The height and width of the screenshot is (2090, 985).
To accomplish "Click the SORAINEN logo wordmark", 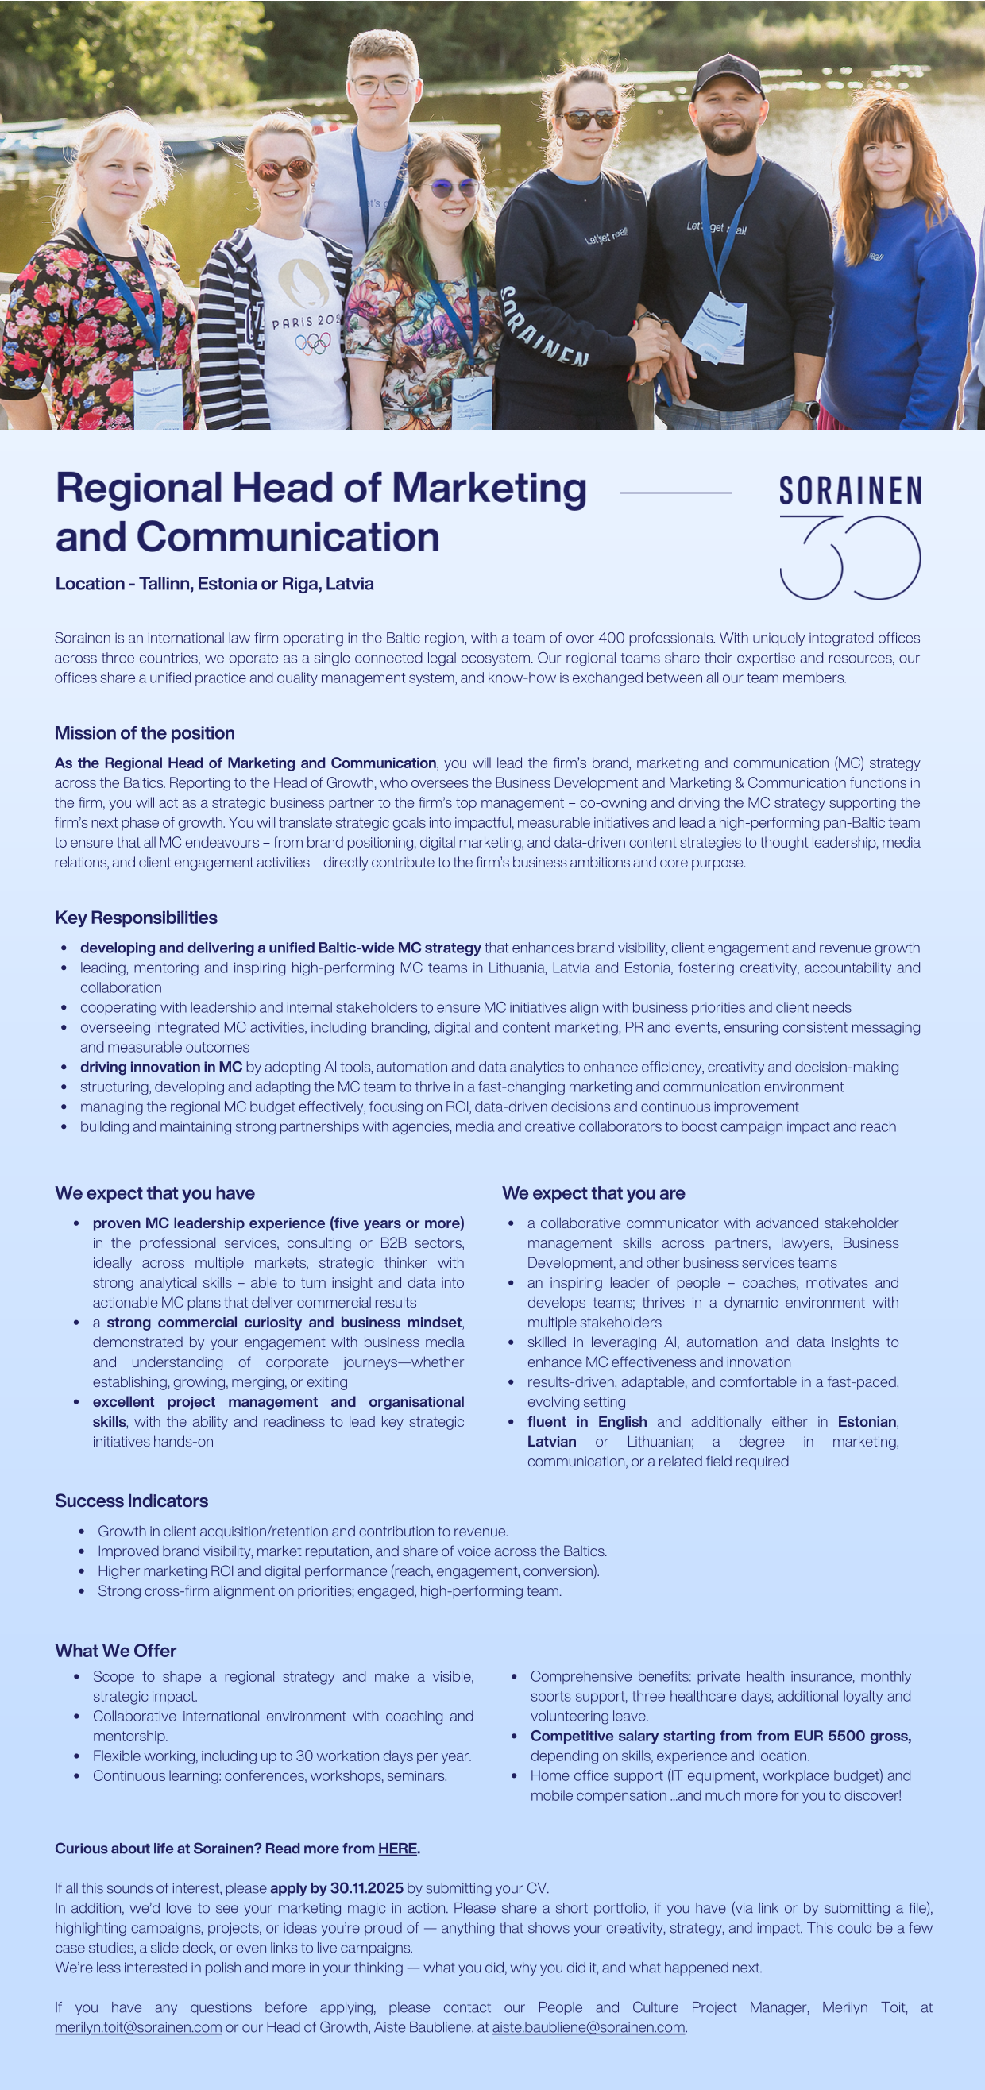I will point(849,491).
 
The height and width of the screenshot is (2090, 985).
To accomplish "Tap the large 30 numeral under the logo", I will point(849,558).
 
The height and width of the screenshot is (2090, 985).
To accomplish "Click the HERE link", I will point(396,1849).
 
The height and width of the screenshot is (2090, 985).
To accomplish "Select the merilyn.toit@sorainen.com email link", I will point(138,2026).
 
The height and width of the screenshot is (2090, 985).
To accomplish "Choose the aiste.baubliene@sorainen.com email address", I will point(589,2026).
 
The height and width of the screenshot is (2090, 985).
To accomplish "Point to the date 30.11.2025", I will point(366,1888).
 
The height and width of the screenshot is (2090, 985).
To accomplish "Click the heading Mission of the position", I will point(145,732).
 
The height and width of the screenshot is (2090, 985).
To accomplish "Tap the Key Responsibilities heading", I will point(136,918).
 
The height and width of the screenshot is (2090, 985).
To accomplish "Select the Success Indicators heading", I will point(131,1501).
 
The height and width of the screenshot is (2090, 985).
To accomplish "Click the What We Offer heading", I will point(115,1650).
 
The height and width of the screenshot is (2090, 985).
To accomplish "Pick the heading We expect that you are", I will point(593,1192).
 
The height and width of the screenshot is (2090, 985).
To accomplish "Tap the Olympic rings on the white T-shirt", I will point(312,344).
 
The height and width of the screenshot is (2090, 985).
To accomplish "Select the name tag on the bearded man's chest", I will point(715,330).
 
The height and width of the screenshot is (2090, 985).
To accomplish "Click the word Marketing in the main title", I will point(489,489).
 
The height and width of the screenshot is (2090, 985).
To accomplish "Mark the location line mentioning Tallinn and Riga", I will point(214,583).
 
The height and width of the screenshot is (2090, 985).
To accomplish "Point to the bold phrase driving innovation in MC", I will point(160,1067).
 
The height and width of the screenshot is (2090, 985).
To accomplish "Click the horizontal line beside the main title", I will point(675,492).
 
